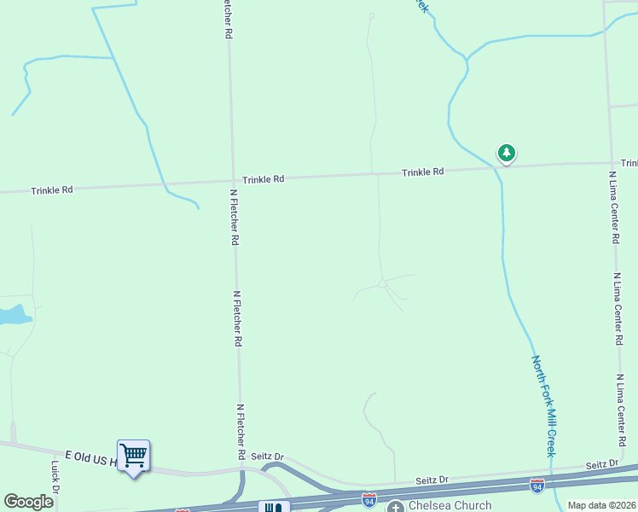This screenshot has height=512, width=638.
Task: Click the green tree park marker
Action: pos(507,154)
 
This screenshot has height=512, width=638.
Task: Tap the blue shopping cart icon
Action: pos(133,456)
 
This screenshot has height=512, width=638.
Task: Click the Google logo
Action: pos(28,502)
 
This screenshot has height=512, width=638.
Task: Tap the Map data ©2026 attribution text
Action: pos(601,506)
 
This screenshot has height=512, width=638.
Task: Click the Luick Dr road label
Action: pos(55,478)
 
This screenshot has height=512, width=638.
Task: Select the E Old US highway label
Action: pos(90,459)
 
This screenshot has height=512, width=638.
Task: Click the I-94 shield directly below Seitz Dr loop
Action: pos(368,497)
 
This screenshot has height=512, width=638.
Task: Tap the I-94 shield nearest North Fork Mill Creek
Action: pos(537,486)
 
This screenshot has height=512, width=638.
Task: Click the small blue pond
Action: pos(14,316)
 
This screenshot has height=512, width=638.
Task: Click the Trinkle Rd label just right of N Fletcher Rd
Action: pos(263,179)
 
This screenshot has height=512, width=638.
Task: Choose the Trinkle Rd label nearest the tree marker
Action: pos(423,172)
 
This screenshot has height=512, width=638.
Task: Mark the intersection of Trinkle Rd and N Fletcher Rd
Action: pos(232,180)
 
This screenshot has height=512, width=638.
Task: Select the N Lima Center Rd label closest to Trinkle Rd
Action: pos(613,207)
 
